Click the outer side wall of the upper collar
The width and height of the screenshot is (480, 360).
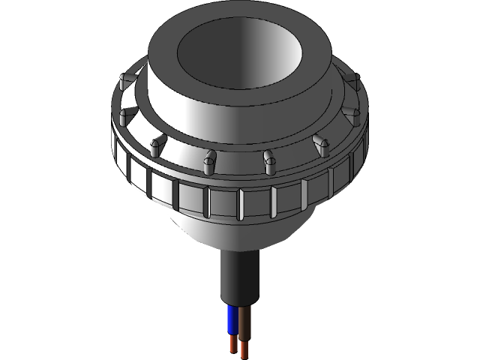225,120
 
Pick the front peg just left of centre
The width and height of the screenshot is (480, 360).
211,157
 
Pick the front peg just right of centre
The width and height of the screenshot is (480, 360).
268,158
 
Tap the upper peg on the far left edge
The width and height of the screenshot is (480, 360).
124,79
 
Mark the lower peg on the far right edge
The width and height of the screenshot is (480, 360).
357,114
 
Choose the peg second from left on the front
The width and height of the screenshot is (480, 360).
157,142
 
